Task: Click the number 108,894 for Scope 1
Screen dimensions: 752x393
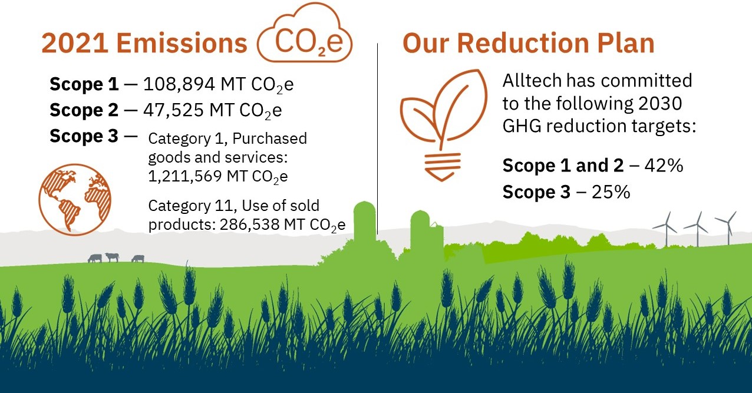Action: [179, 84]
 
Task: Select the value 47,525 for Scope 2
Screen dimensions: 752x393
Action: [173, 110]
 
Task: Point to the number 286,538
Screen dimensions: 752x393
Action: [249, 224]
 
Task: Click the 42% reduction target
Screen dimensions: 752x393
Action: [664, 166]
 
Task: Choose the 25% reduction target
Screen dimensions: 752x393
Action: [611, 192]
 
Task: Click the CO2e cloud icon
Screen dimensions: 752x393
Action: [305, 33]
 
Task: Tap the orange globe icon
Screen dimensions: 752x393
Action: [74, 200]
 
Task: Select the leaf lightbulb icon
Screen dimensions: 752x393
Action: [443, 125]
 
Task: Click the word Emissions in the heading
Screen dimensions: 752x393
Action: [182, 43]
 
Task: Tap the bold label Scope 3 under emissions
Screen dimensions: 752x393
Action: [84, 136]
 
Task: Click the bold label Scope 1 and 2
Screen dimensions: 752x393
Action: [563, 166]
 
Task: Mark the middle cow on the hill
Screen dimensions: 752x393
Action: [112, 257]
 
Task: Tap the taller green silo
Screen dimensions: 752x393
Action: [364, 222]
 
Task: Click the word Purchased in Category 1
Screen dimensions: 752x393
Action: [269, 138]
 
